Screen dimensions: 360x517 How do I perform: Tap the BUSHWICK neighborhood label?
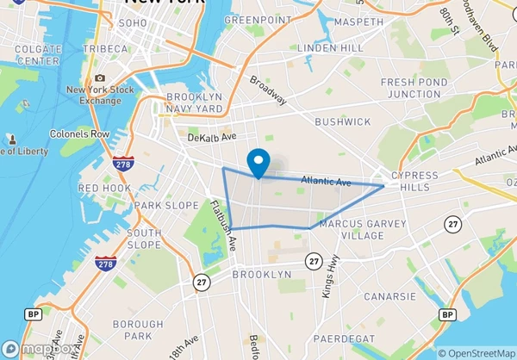click(342, 122)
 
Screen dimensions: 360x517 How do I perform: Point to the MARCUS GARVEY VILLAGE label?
click(351, 230)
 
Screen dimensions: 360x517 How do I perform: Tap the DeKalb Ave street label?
click(212, 137)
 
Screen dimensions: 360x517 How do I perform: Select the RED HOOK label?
click(104, 188)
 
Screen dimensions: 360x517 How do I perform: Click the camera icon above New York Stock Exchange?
click(100, 78)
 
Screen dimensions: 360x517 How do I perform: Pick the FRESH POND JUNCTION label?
click(410, 88)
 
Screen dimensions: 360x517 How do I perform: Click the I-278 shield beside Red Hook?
click(121, 164)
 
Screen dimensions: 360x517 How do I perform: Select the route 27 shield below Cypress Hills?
click(452, 224)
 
